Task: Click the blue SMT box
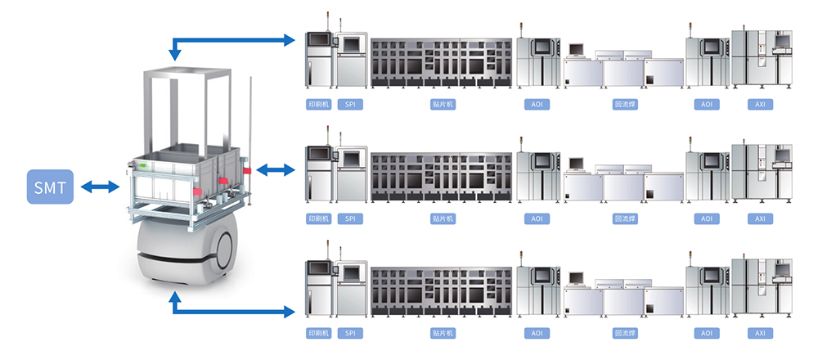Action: pos(51,187)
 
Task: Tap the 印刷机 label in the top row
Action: pos(317,105)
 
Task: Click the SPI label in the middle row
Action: pos(350,219)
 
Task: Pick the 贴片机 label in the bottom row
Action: pos(443,334)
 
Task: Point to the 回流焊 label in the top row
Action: pos(626,105)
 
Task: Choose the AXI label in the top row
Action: pos(760,105)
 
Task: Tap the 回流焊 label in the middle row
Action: pos(626,219)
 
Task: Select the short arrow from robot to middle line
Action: pos(275,169)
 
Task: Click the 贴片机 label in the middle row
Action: pos(443,219)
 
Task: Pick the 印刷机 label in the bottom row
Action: pos(317,334)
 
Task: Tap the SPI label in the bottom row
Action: pos(350,334)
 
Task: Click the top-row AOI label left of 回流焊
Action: pos(537,105)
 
